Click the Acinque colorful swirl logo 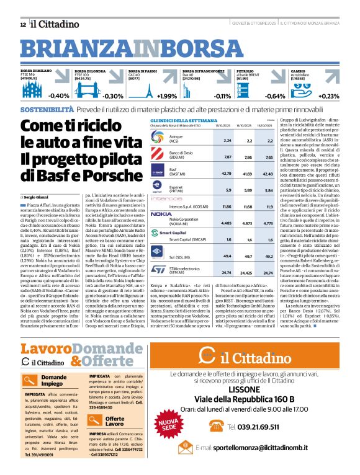159,141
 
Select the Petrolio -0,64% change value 275,96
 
